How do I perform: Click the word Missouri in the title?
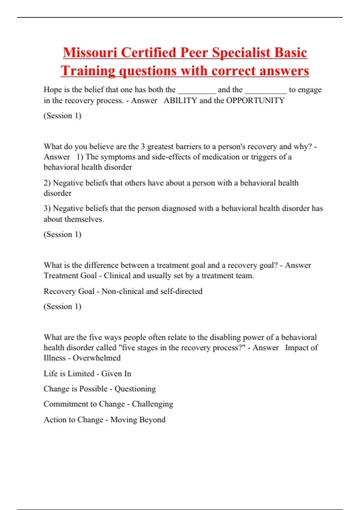[90, 52]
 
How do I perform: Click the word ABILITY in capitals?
[180, 100]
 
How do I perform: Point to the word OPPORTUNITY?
[255, 100]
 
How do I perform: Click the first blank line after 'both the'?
[196, 90]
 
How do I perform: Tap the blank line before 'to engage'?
[266, 90]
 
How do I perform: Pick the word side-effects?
[171, 157]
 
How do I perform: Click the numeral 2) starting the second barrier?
[47, 183]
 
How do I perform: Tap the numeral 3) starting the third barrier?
[47, 208]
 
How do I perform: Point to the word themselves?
[73, 219]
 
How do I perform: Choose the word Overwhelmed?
[97, 358]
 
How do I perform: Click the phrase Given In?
[116, 373]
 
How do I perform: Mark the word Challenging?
[152, 404]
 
